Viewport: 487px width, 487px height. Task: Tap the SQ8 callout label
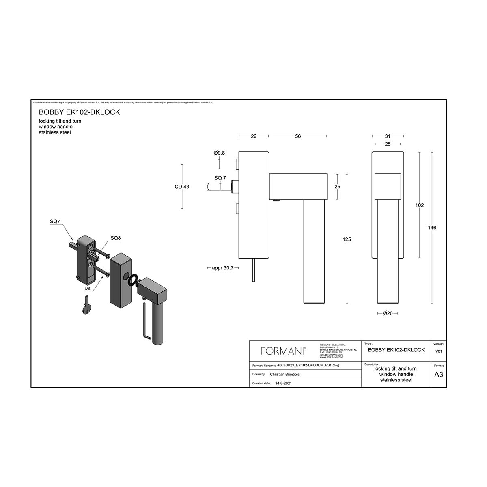[116, 238]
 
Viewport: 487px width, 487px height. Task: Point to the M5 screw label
[88, 289]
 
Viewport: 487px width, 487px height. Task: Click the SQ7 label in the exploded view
[55, 221]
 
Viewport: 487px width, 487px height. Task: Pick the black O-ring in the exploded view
[132, 280]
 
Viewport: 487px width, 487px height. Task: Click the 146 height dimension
[432, 228]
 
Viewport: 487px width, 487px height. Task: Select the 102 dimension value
[420, 205]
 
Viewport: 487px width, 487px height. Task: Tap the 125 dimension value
[347, 239]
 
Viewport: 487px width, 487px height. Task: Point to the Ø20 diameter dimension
[388, 313]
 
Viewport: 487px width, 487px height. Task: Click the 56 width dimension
[298, 136]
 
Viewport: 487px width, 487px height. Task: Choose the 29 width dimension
[254, 136]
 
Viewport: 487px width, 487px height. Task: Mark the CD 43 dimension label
[182, 187]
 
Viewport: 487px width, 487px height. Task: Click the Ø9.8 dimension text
[219, 153]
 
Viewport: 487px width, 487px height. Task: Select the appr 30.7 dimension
[223, 268]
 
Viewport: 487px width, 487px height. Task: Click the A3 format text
[439, 375]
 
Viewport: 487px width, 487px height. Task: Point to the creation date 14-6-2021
[283, 383]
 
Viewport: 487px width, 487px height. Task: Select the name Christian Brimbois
[284, 375]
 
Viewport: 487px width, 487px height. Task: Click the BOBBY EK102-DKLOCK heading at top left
[79, 112]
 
